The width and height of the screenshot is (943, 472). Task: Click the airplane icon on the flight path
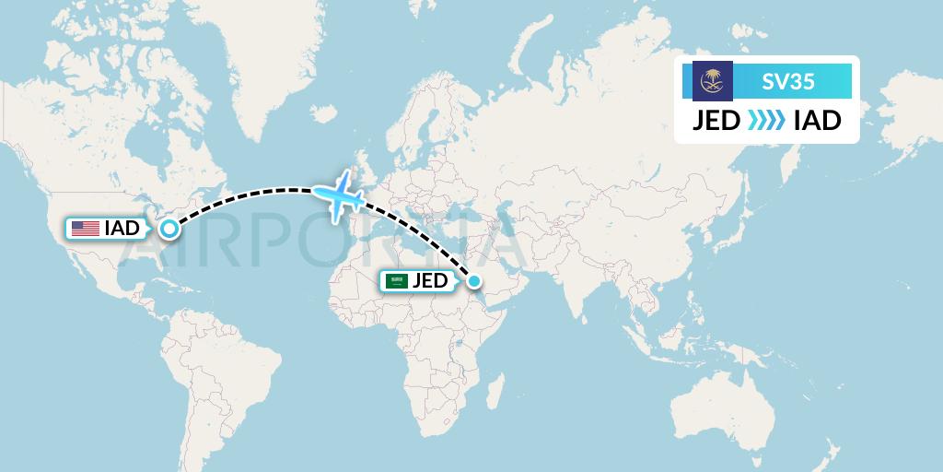tap(339, 195)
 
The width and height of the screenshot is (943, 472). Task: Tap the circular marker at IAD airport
tap(169, 229)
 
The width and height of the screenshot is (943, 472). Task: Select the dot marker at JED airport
tap(473, 281)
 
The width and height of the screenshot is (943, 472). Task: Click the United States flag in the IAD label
tap(86, 228)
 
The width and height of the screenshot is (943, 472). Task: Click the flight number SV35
tap(787, 81)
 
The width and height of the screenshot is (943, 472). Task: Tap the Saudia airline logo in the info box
tap(712, 81)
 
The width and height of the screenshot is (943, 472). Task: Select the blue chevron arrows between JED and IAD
tap(766, 121)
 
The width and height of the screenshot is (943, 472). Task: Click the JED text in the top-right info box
tap(716, 121)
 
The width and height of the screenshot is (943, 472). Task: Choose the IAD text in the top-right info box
tap(817, 121)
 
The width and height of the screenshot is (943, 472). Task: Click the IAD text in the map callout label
tap(122, 228)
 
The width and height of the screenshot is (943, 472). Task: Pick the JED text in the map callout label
tap(431, 281)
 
